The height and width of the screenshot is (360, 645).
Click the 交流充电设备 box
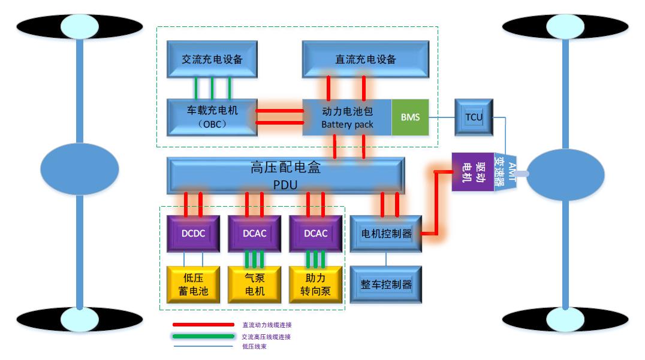tap(212, 59)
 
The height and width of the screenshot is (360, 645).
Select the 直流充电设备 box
tap(365, 59)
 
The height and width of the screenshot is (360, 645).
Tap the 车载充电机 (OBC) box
tap(212, 117)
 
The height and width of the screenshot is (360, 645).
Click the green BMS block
tap(410, 117)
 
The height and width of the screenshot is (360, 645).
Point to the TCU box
tap(474, 117)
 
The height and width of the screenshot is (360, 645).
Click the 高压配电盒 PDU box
tap(285, 175)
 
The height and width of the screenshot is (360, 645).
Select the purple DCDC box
tap(193, 233)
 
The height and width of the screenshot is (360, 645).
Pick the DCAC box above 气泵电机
tap(254, 233)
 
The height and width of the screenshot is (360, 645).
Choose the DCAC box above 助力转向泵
tap(315, 233)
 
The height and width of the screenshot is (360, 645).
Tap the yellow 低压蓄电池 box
tap(193, 285)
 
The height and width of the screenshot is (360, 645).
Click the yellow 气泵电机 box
tap(254, 285)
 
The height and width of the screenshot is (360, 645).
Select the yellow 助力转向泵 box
tap(315, 285)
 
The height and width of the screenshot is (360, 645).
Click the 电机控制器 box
tap(386, 234)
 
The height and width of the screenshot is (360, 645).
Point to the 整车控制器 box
tap(386, 284)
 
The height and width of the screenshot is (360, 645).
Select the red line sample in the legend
tap(203, 325)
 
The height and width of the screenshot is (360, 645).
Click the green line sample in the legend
tap(203, 337)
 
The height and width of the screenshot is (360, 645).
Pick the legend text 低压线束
tap(255, 346)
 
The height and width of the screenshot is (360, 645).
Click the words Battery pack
tap(347, 125)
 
